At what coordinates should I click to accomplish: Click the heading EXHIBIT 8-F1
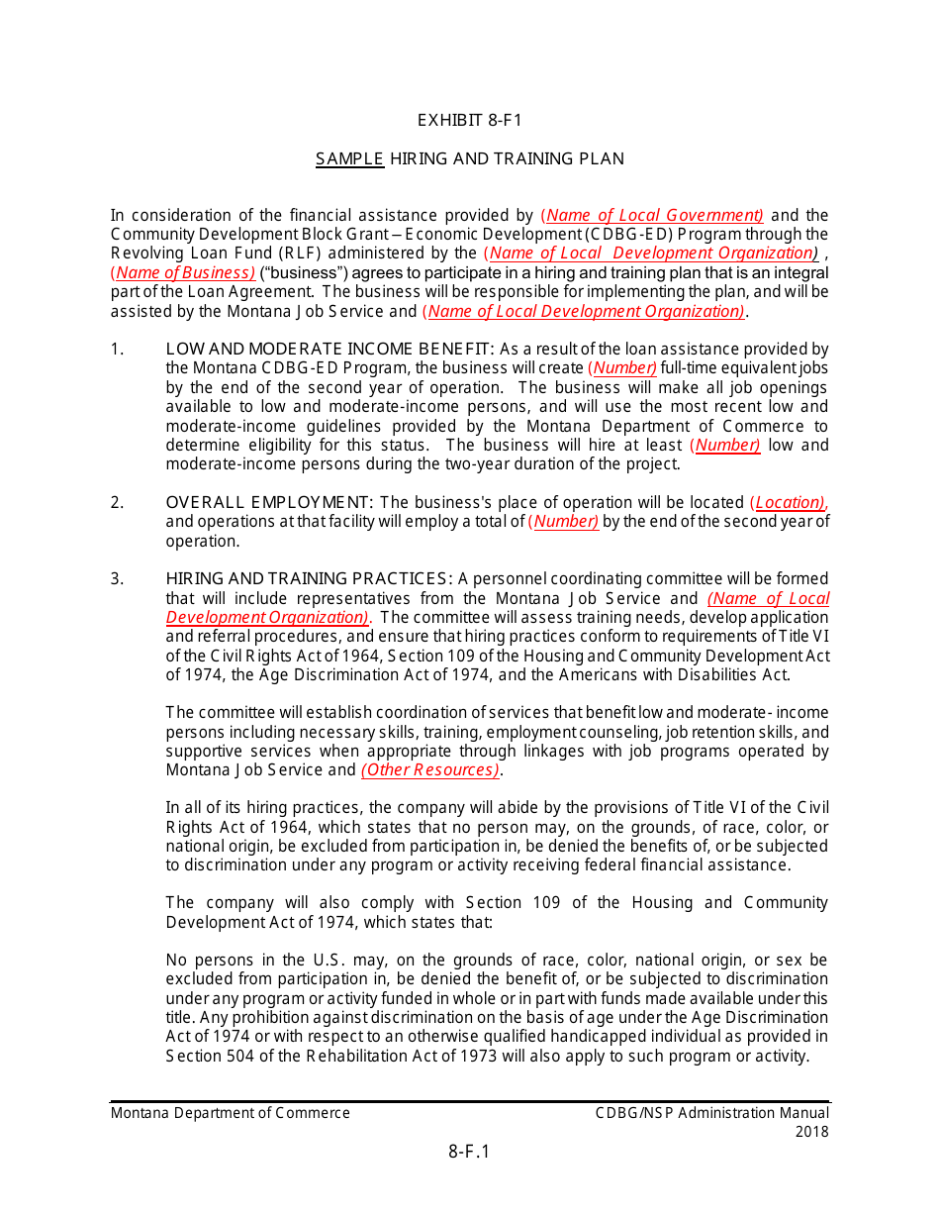(469, 121)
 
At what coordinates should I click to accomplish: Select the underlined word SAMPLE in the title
(349, 158)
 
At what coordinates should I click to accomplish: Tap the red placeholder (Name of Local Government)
(652, 216)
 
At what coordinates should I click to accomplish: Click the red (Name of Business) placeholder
(183, 273)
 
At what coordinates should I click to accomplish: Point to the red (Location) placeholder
(789, 503)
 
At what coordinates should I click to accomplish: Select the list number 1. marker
(118, 350)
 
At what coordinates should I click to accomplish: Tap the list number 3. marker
(118, 579)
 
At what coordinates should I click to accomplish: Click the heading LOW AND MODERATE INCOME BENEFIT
(329, 350)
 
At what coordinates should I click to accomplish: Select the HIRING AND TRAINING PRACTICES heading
(309, 579)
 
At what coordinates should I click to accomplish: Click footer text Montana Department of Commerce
(231, 1113)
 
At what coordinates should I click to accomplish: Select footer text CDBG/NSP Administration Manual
(711, 1113)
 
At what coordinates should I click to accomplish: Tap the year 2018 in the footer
(811, 1132)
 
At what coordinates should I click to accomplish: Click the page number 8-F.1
(469, 1152)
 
